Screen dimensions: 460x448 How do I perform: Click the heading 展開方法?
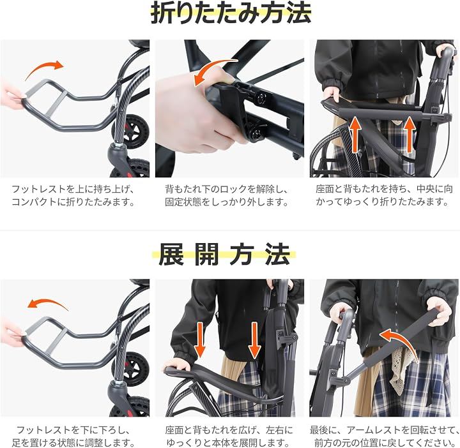(x=224, y=255)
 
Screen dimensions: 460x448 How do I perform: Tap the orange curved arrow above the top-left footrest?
(x=44, y=69)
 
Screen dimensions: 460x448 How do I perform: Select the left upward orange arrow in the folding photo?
(x=355, y=134)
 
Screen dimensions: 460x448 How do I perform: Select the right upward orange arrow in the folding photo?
(x=410, y=134)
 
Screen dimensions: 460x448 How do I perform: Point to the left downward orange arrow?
(x=200, y=341)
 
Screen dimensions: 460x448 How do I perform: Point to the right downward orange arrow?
(x=254, y=341)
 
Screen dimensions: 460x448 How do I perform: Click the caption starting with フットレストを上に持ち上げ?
(x=73, y=195)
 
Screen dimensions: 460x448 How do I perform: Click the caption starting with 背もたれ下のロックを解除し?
(x=226, y=195)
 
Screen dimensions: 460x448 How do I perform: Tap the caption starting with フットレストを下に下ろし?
(x=73, y=437)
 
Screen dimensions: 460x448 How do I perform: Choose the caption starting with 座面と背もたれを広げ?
(x=229, y=437)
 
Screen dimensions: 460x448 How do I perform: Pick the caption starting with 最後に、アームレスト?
(x=385, y=437)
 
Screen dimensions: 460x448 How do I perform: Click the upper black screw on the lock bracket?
(x=261, y=98)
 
